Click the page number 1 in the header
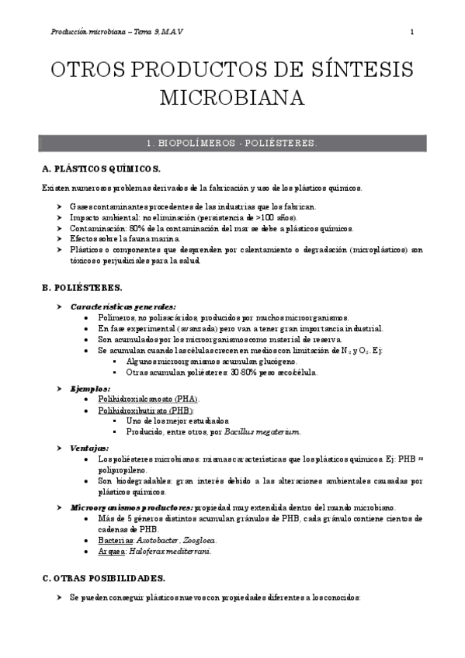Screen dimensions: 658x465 (x=412, y=32)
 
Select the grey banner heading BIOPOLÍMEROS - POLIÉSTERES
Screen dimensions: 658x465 (x=232, y=144)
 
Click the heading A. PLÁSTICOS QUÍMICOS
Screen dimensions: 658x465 (x=101, y=169)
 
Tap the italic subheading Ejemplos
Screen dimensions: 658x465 (x=91, y=388)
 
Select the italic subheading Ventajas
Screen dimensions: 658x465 (x=90, y=448)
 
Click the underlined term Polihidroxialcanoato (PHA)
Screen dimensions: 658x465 (x=154, y=399)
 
